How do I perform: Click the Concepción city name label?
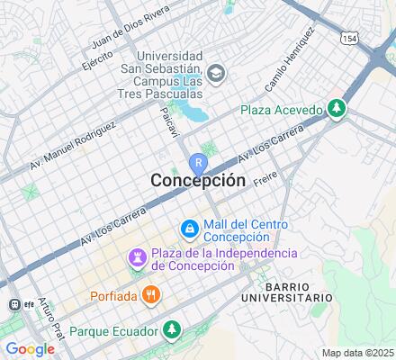(x=197, y=180)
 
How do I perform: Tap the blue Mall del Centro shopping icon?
(x=190, y=230)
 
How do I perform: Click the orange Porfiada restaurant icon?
(x=151, y=294)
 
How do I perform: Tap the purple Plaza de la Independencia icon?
(x=137, y=259)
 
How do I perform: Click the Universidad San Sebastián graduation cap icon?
(x=215, y=73)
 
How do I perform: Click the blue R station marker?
(x=198, y=163)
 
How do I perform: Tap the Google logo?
(x=30, y=349)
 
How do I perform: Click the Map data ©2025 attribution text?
(x=358, y=353)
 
